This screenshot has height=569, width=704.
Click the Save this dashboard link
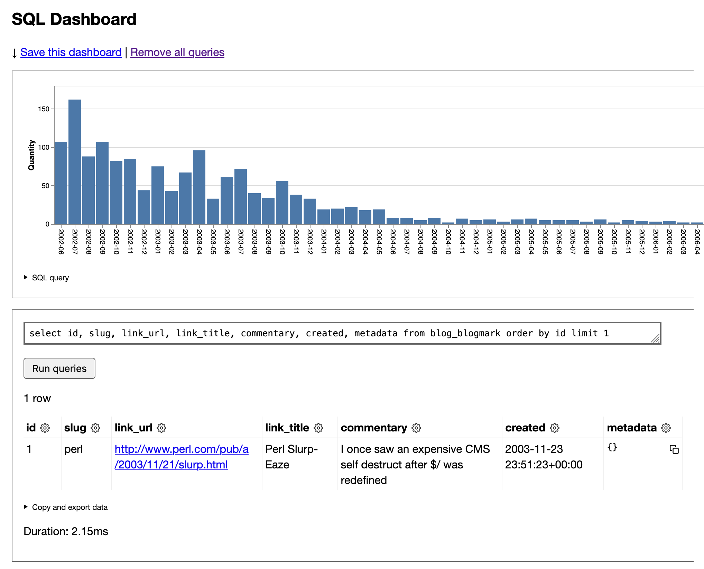(71, 52)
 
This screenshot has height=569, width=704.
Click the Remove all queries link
(177, 52)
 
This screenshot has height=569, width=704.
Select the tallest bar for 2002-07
(75, 162)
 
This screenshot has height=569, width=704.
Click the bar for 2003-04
(199, 187)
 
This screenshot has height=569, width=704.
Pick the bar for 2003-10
(282, 203)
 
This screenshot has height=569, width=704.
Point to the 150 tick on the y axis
(44, 109)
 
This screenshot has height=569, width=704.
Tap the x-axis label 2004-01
(324, 242)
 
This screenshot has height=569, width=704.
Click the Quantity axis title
(31, 155)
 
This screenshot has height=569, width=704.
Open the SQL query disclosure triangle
(26, 277)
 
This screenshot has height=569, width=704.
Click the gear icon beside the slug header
(95, 428)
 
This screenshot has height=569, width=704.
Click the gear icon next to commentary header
(416, 428)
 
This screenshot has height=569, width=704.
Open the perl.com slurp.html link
(182, 457)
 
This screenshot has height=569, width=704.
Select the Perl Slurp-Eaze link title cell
(291, 457)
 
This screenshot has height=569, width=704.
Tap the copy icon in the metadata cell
(674, 449)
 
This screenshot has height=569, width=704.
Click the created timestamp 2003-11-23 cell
(544, 457)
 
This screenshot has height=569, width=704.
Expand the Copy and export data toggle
(26, 507)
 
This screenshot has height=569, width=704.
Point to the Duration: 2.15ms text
(66, 531)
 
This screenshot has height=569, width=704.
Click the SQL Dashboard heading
(74, 19)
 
